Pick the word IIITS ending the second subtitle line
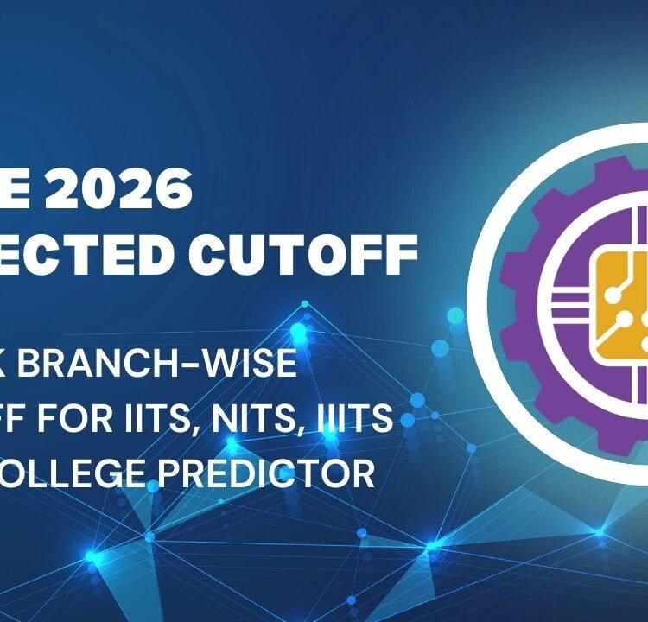coord(363,419)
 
